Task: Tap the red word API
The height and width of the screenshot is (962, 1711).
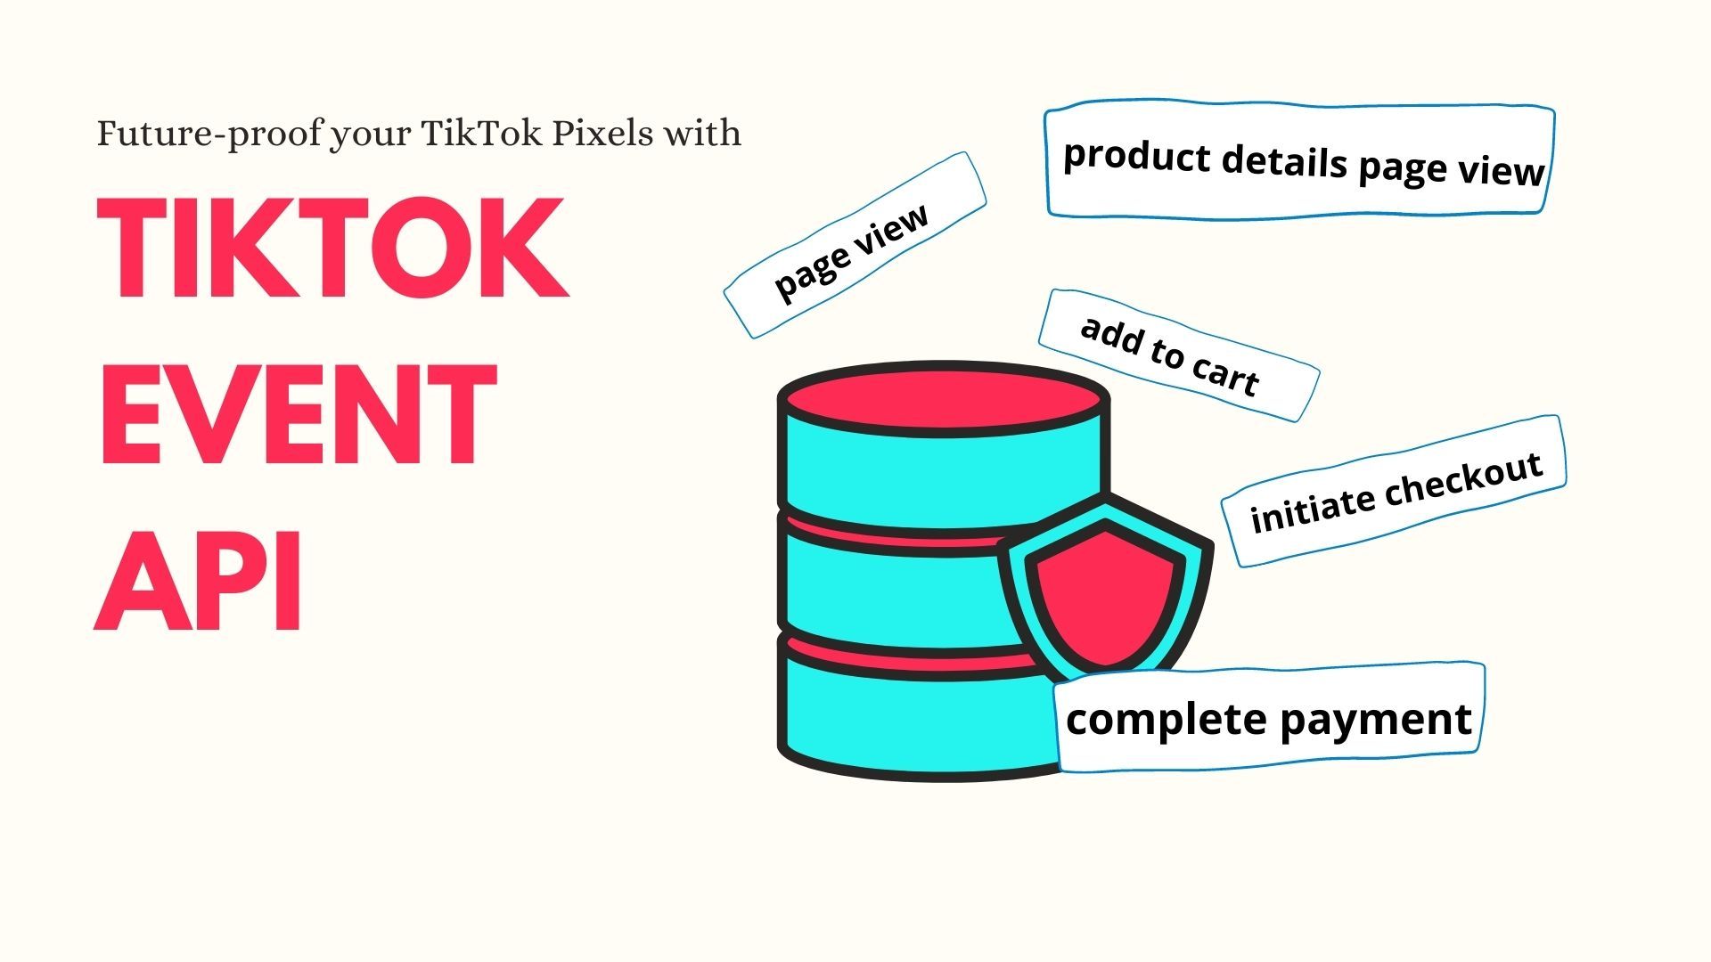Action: coord(198,580)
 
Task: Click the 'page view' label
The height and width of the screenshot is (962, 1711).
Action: coord(853,247)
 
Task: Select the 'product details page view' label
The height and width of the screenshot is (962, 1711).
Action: coord(1301,162)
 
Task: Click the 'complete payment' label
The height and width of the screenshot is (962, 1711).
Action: coord(1269,719)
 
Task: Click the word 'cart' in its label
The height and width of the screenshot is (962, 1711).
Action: coord(1224,374)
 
